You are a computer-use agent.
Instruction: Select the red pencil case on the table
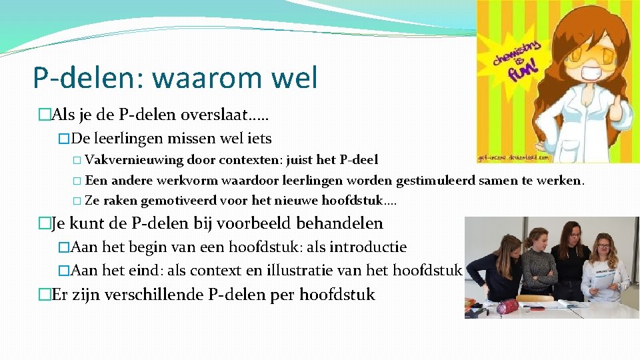point(508,306)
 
